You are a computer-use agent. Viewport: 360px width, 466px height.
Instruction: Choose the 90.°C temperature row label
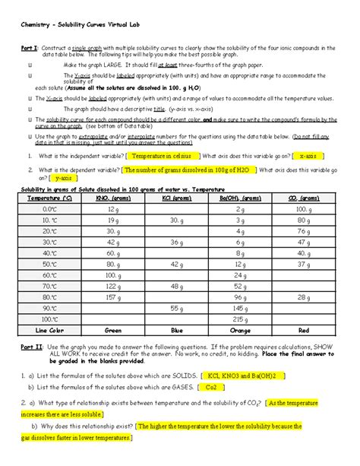(49, 309)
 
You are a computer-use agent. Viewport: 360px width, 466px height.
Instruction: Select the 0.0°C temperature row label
(49, 208)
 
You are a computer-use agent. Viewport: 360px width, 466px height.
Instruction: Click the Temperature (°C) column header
(49, 196)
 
